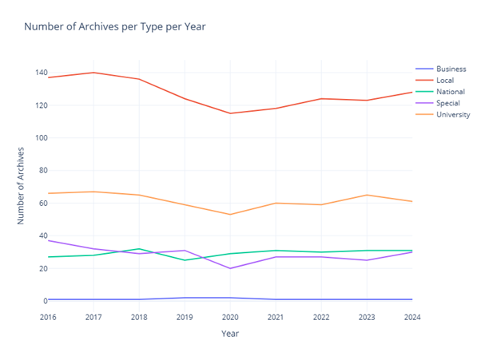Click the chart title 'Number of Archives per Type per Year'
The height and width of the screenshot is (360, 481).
tap(114, 27)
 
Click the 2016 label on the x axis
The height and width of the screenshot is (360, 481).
tap(47, 317)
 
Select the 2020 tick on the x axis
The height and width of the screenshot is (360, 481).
tap(230, 317)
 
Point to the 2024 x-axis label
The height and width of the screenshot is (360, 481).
tap(412, 317)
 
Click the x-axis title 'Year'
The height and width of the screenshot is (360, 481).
tap(230, 333)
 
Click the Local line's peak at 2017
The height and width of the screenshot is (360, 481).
tap(93, 73)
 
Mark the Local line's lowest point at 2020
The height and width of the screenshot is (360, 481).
tap(230, 113)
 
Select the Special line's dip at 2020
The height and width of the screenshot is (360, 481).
tap(230, 268)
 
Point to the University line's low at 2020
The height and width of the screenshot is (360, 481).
tap(230, 214)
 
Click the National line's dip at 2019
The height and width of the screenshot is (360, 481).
tap(185, 260)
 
